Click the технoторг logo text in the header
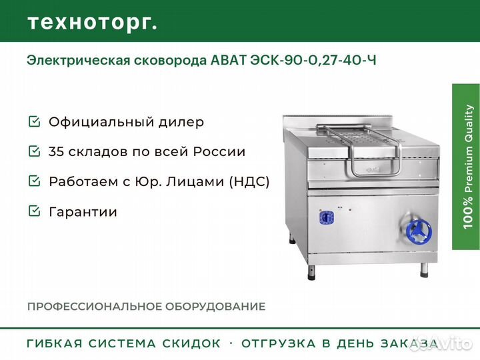click(93, 23)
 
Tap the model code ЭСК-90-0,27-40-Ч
click(313, 60)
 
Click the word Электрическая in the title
click(79, 61)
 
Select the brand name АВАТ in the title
click(229, 60)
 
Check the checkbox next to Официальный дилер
click(34, 121)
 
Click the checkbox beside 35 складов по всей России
click(34, 151)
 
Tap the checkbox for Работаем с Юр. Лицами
click(34, 181)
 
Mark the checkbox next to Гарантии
click(34, 211)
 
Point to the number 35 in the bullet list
click(56, 151)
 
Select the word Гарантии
click(83, 212)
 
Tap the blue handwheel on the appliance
click(419, 231)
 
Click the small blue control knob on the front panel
click(326, 218)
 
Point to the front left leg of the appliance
click(311, 273)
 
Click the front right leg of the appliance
click(424, 270)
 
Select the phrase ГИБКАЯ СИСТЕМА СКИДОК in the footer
click(124, 343)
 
